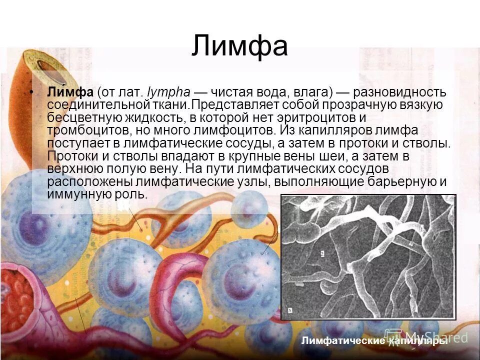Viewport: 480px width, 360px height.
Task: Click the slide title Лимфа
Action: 239,46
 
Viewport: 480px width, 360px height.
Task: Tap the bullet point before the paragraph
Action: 33,92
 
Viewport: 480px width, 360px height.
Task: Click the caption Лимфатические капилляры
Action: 375,341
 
